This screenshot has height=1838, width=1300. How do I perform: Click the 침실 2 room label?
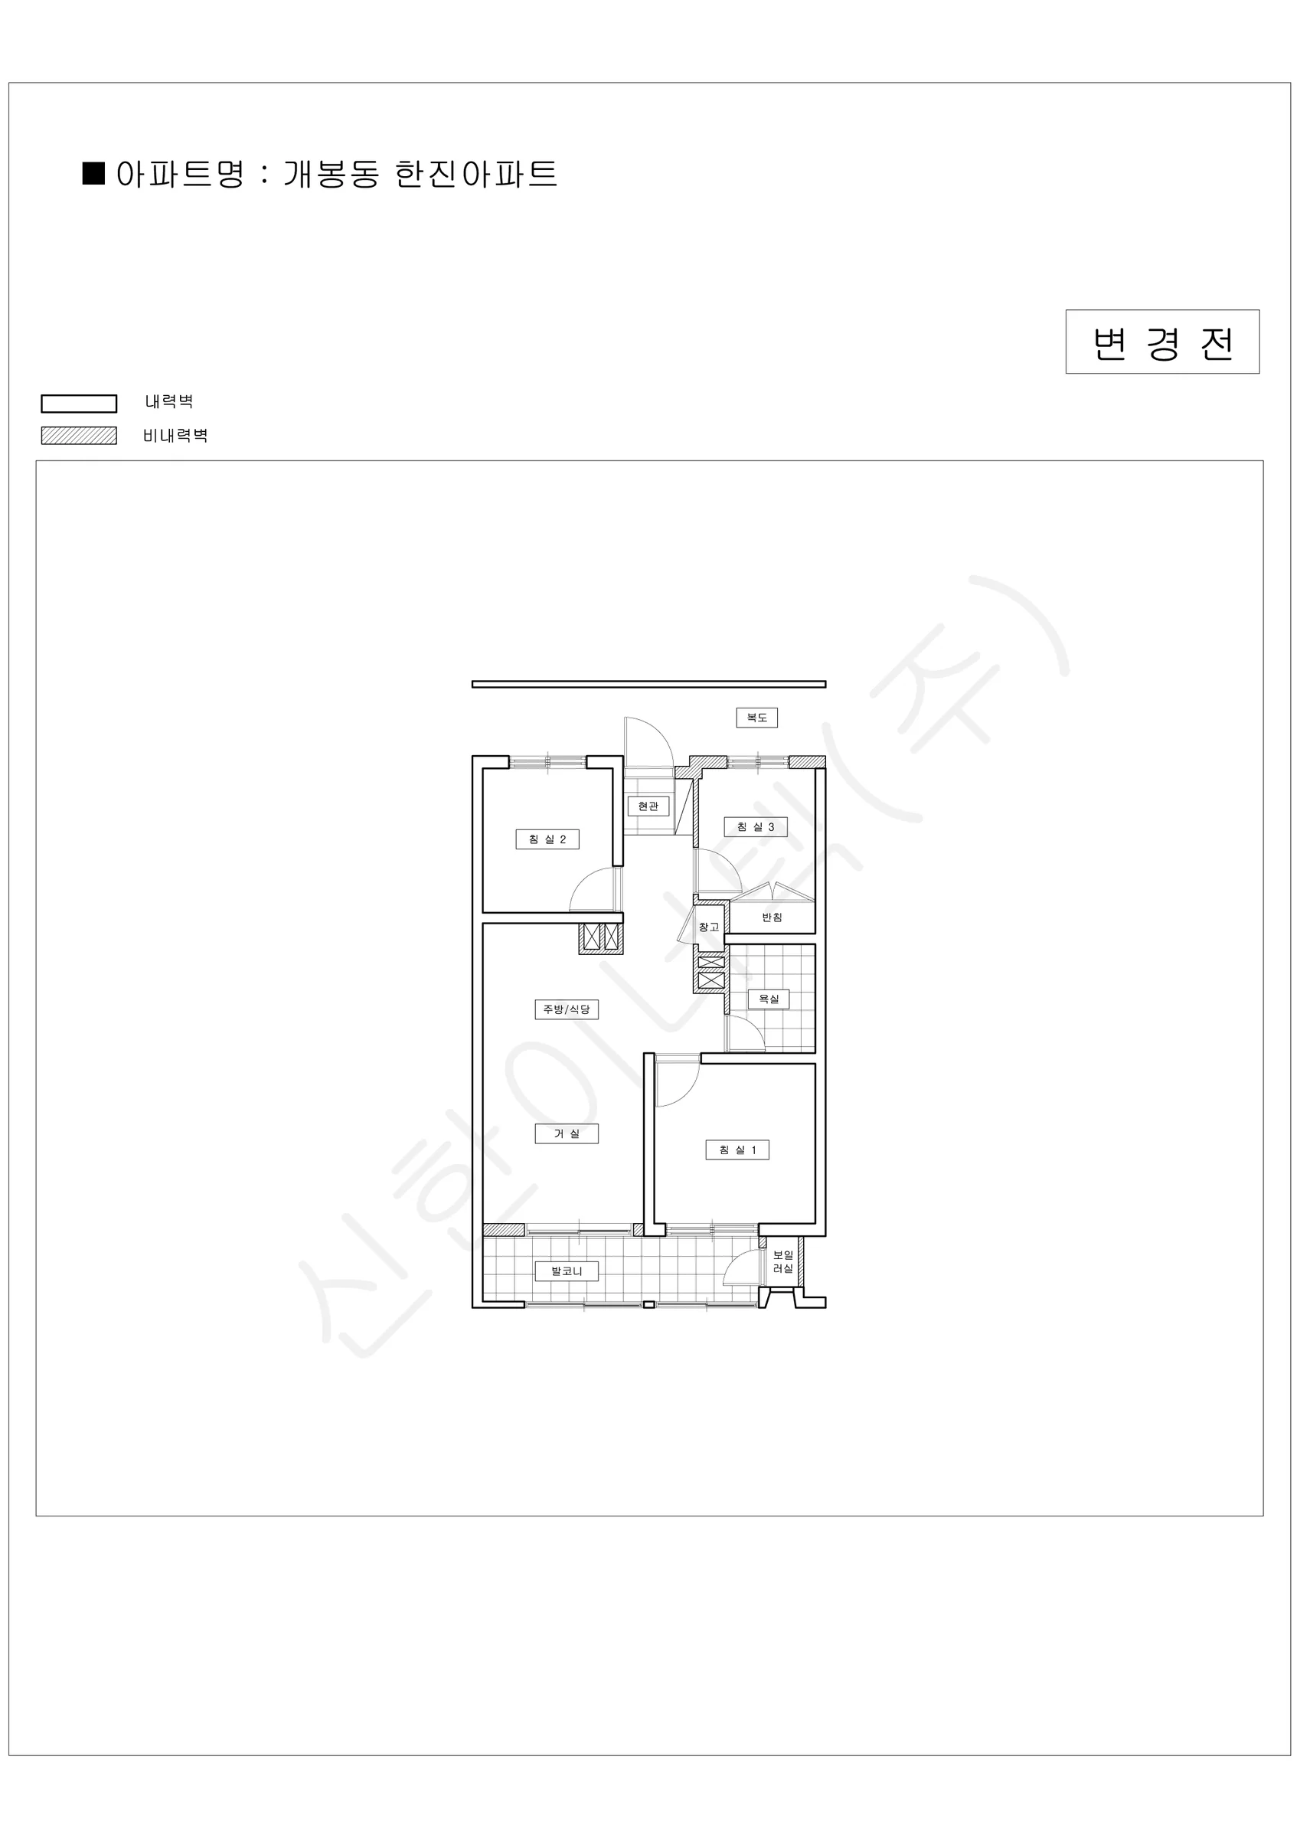pyautogui.click(x=547, y=839)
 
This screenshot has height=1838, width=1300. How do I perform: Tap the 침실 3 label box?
pyautogui.click(x=755, y=827)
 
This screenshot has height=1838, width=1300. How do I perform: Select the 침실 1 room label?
pyautogui.click(x=737, y=1150)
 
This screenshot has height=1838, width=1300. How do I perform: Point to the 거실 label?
pyautogui.click(x=567, y=1133)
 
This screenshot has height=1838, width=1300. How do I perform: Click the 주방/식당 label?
pyautogui.click(x=567, y=1009)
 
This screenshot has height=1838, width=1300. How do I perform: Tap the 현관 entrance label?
pyautogui.click(x=648, y=806)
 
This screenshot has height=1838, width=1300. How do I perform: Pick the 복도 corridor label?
pyautogui.click(x=756, y=718)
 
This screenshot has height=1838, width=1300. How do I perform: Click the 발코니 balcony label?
pyautogui.click(x=567, y=1271)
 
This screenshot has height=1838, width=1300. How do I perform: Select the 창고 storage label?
pyautogui.click(x=708, y=927)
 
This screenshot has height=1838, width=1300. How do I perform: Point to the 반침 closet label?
pyautogui.click(x=772, y=917)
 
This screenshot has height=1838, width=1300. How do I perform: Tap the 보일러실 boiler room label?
pyautogui.click(x=783, y=1262)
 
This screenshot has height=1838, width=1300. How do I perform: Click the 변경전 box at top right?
pyautogui.click(x=1162, y=342)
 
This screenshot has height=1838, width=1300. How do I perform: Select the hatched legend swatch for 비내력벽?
pyautogui.click(x=80, y=436)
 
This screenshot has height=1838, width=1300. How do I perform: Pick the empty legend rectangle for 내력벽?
pyautogui.click(x=80, y=404)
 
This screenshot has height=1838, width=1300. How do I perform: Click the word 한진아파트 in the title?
pyautogui.click(x=476, y=174)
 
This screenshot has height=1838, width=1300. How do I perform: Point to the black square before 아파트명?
pyautogui.click(x=93, y=174)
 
